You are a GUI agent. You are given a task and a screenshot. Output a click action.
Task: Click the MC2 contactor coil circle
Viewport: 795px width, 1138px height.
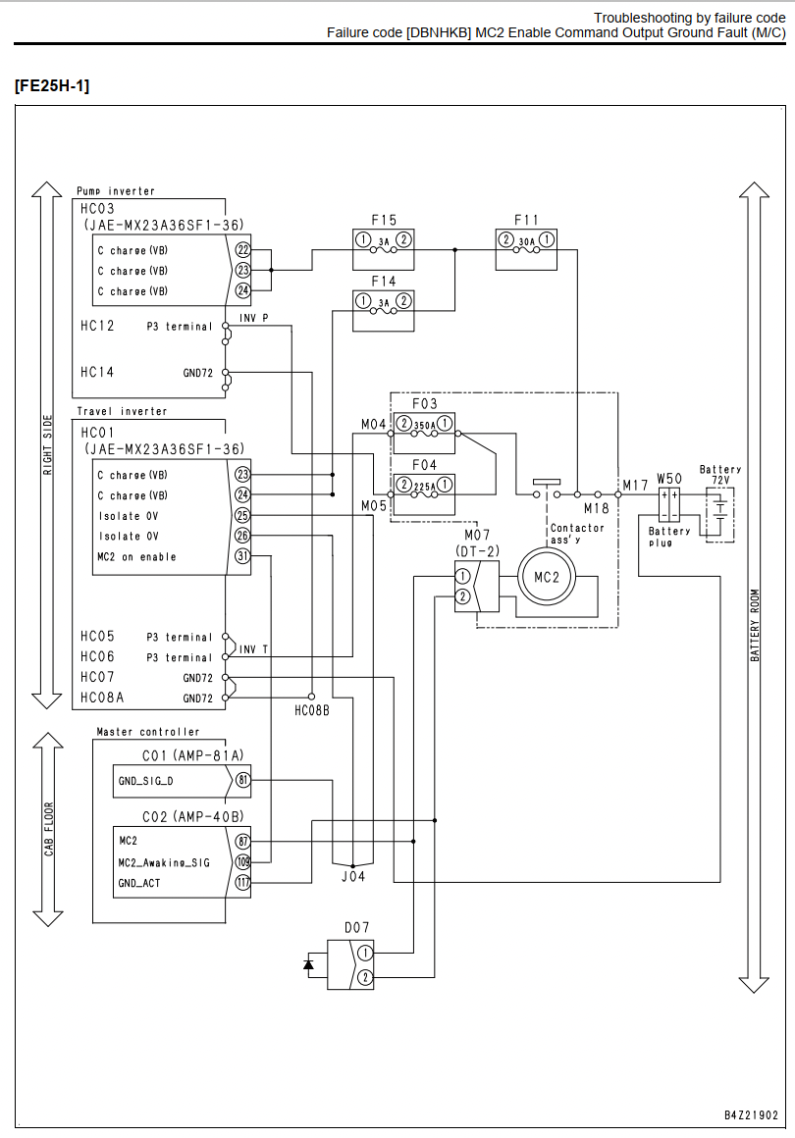pos(547,577)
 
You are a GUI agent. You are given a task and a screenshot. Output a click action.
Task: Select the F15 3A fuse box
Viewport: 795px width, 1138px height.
pos(384,249)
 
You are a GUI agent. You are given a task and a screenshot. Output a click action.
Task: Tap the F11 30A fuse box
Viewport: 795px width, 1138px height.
pos(526,249)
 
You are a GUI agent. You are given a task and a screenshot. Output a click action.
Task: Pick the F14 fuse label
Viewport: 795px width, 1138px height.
pos(384,281)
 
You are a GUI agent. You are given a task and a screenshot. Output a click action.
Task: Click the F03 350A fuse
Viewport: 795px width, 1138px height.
pos(424,433)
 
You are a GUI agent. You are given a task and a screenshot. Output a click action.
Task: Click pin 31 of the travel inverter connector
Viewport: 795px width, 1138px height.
pos(242,556)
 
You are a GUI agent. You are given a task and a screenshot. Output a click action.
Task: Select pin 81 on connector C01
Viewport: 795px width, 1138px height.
pos(242,781)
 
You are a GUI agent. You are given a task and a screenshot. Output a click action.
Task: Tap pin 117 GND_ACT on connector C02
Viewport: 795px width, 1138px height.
pos(242,883)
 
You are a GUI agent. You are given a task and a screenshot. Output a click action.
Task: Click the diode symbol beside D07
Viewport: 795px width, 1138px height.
pos(308,964)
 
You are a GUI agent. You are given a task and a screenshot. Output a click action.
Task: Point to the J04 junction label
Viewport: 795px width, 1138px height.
pos(353,877)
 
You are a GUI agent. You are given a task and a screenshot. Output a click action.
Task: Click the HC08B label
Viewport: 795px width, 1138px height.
pos(311,711)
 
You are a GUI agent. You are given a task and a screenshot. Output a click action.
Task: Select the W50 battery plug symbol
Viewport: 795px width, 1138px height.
pos(668,505)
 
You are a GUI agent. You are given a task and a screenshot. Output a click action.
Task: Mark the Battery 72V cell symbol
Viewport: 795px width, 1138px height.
pos(718,515)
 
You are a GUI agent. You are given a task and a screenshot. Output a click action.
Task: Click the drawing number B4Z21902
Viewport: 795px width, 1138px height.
pos(751,1114)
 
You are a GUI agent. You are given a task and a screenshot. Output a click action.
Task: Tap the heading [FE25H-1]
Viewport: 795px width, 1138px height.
pos(52,85)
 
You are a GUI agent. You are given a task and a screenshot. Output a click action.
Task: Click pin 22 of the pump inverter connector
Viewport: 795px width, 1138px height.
pos(242,249)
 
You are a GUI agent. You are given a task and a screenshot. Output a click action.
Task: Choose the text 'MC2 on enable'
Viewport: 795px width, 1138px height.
pos(136,556)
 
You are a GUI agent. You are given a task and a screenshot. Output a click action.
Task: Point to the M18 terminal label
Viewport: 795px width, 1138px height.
pos(596,509)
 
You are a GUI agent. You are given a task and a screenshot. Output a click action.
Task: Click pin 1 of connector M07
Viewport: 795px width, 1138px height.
pos(462,577)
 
